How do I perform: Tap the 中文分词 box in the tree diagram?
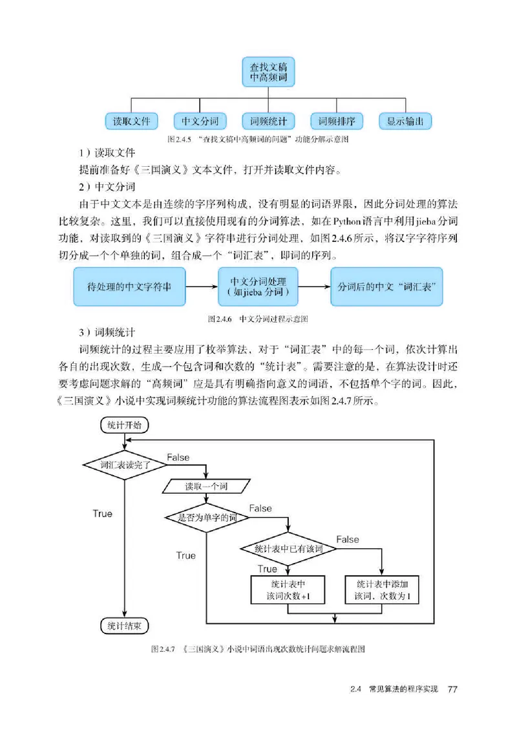(200, 121)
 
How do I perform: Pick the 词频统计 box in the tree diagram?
(268, 121)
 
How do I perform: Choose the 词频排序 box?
(337, 121)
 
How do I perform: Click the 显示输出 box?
(405, 121)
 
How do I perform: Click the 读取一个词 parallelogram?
(203, 485)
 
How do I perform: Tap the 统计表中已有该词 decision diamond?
(288, 548)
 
